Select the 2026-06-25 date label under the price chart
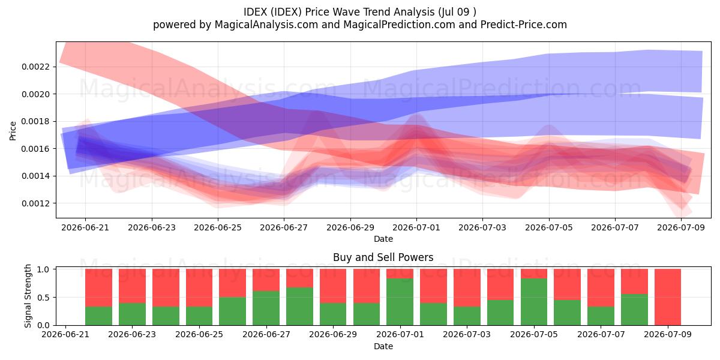click(x=218, y=227)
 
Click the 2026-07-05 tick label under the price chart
click(x=548, y=227)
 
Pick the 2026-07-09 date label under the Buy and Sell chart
click(x=668, y=334)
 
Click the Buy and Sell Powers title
click(x=383, y=257)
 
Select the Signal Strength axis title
click(x=28, y=296)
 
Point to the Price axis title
click(x=13, y=131)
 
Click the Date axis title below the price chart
click(x=383, y=239)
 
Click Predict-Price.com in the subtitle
click(x=524, y=25)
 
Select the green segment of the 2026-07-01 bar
click(x=400, y=302)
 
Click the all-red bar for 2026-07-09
click(x=668, y=298)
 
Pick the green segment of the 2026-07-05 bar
click(x=534, y=302)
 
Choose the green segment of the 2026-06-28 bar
click(x=299, y=307)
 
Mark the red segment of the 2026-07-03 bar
click(x=467, y=287)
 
